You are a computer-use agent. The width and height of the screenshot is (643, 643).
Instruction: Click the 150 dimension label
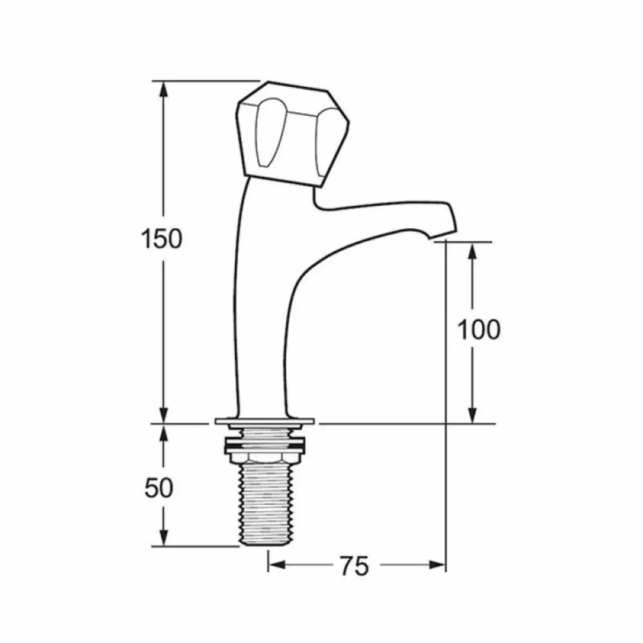pos(161,238)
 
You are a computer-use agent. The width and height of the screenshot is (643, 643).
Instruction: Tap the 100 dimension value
pos(478,330)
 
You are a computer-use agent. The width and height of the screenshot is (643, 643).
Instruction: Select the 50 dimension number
pos(159,488)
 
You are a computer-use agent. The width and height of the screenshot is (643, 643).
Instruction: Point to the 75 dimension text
pos(354,565)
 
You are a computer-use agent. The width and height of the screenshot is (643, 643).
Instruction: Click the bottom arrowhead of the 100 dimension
pos(472,415)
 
